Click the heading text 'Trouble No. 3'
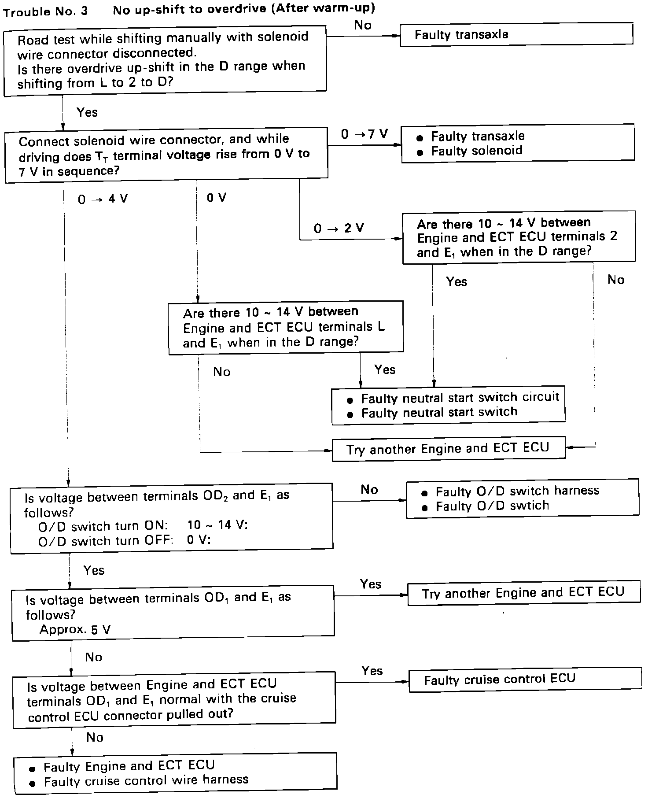point(45,11)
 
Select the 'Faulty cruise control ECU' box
point(525,679)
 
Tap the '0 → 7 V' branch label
point(364,134)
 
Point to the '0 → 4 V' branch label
point(103,199)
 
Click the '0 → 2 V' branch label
point(339,228)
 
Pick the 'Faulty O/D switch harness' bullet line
point(517,491)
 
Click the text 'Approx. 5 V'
point(75,629)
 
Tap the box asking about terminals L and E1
point(286,327)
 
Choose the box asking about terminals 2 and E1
point(519,237)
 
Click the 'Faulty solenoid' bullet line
point(476,151)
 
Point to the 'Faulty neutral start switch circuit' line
point(460,398)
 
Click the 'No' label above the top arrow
point(363,25)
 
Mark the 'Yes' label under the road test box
point(87,112)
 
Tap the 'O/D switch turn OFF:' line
point(106,540)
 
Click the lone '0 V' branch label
point(216,198)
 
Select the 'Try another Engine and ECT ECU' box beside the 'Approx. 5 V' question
point(524,593)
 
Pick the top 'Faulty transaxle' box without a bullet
point(516,34)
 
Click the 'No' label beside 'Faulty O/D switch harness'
point(369,489)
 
